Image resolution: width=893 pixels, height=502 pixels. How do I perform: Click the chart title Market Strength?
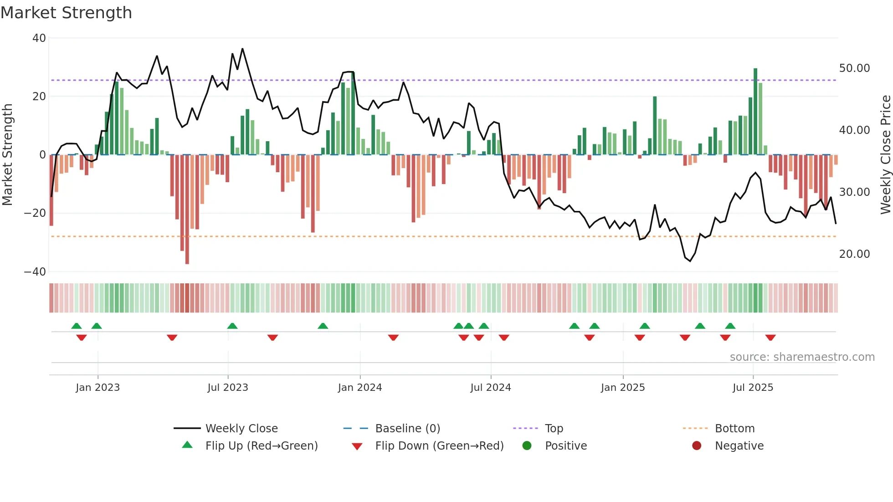click(66, 13)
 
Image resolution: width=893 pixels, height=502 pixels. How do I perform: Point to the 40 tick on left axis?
click(39, 38)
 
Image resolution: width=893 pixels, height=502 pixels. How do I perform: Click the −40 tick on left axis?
click(35, 272)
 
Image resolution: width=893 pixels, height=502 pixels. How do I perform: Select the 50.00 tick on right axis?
click(854, 68)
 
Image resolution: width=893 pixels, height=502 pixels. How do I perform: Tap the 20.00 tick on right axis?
click(854, 254)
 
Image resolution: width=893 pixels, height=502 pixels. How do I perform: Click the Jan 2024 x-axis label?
click(359, 388)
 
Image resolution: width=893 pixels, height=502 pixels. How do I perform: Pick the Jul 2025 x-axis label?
click(753, 388)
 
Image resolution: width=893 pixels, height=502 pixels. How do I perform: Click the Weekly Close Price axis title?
click(885, 155)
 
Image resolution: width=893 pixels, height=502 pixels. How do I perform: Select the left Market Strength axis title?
click(8, 155)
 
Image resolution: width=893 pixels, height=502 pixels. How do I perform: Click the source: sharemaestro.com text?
click(802, 357)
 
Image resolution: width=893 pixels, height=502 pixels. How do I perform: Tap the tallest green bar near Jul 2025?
click(755, 112)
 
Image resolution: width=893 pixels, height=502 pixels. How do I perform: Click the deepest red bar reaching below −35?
click(187, 210)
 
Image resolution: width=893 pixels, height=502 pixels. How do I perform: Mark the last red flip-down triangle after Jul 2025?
click(770, 338)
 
